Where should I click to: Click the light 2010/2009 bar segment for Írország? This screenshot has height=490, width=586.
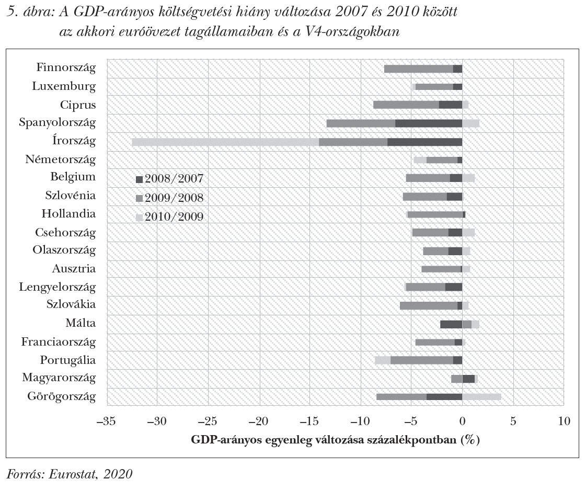point(225,142)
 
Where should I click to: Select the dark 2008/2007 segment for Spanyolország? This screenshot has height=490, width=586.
point(428,123)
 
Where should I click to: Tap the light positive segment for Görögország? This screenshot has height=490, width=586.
point(481,396)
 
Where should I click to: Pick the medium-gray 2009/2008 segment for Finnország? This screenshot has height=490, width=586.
point(418,69)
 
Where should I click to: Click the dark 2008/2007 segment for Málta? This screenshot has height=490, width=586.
point(451,324)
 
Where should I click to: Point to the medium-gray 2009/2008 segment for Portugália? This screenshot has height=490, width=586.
point(421,360)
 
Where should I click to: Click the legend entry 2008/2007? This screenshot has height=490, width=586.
point(169,179)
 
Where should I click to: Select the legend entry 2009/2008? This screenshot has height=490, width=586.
point(169,198)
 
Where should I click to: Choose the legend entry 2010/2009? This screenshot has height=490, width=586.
point(169,217)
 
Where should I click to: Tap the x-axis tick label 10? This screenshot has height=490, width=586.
point(563,421)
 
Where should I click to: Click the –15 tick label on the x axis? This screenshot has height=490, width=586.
point(309,421)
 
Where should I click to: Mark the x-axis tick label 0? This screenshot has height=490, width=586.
point(462,421)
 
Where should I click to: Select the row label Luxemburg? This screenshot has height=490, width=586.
point(64,86)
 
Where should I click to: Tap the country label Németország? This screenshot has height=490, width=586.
point(60,159)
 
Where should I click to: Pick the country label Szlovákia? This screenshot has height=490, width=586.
point(71,305)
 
